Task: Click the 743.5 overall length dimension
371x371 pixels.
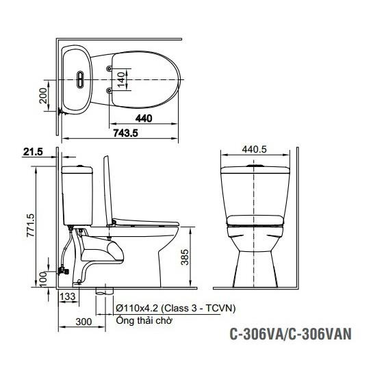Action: coord(125,133)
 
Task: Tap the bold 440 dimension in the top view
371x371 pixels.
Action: coord(144,118)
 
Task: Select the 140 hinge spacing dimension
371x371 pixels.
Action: coord(121,79)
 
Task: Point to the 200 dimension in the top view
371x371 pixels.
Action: coord(43,96)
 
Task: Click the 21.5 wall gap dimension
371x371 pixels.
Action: coord(33,152)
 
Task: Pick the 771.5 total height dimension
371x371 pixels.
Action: coord(31,225)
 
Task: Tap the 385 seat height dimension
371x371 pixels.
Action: coord(185,257)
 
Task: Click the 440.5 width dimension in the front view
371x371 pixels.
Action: coord(255,149)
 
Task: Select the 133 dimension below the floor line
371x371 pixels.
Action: coord(68,296)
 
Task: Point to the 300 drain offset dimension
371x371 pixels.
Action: coord(84,322)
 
